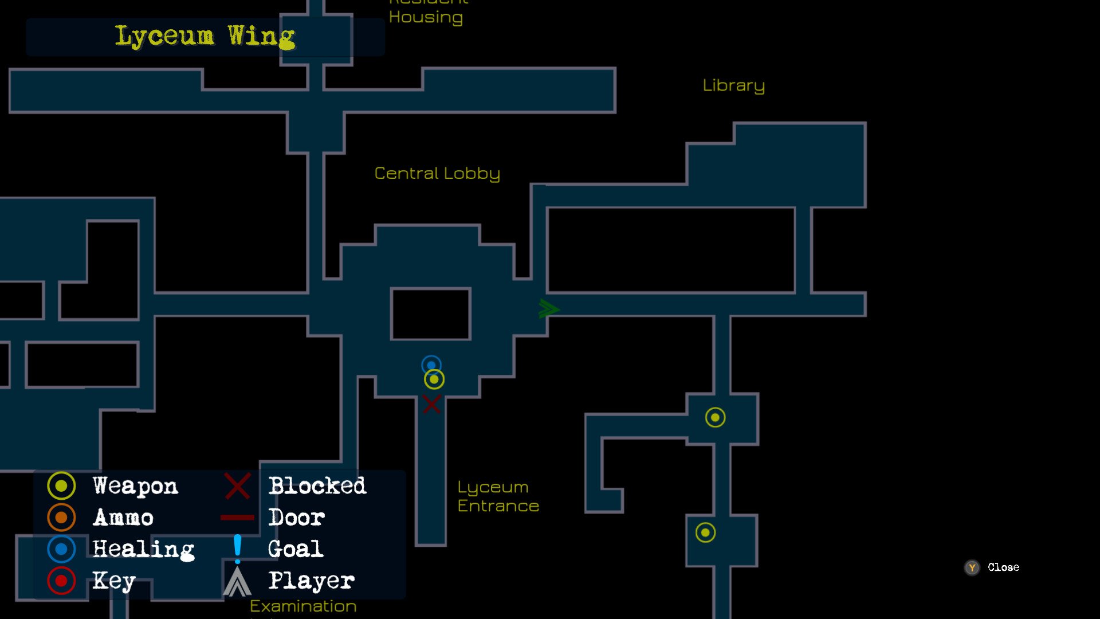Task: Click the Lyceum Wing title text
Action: click(x=205, y=37)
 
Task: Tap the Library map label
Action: click(x=733, y=85)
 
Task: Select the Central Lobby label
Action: click(x=437, y=173)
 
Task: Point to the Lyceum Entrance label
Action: click(x=498, y=496)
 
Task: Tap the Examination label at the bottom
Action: click(x=303, y=606)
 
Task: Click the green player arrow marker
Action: click(x=548, y=309)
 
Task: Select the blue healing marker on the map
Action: click(x=431, y=365)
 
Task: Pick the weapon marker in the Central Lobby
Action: click(x=434, y=379)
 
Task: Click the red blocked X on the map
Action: click(x=431, y=404)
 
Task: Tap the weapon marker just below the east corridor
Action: click(x=715, y=417)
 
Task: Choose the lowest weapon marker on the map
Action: click(x=705, y=532)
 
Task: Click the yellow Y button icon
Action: click(x=972, y=567)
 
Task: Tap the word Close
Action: click(x=1003, y=567)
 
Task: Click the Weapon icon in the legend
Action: click(x=61, y=486)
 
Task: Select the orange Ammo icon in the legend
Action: click(x=61, y=518)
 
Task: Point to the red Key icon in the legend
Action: click(x=61, y=581)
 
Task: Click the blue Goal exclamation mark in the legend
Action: click(x=237, y=549)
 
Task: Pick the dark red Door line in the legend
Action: click(x=237, y=518)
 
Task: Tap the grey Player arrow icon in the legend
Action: click(x=237, y=581)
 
